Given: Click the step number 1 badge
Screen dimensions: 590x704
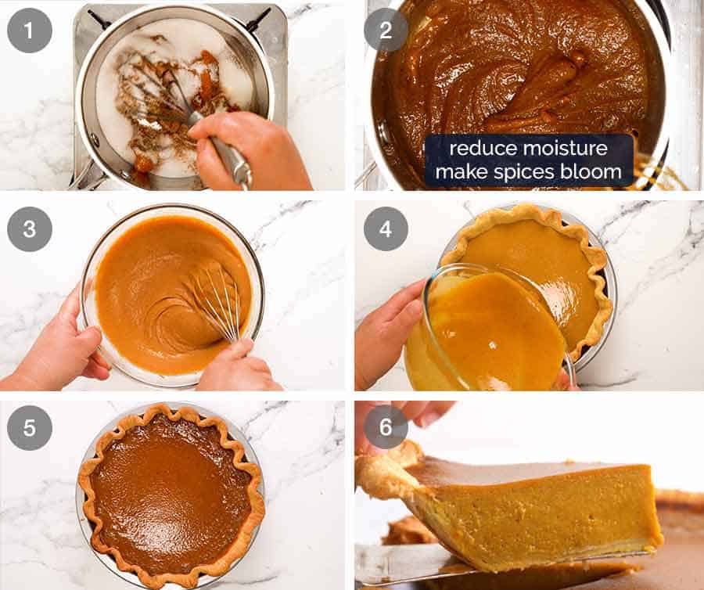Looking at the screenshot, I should pyautogui.click(x=30, y=31).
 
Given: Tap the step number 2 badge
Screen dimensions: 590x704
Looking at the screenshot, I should pyautogui.click(x=386, y=31).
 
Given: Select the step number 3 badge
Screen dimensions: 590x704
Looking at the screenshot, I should pyautogui.click(x=30, y=228).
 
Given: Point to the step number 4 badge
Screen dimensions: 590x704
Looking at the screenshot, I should pyautogui.click(x=386, y=228).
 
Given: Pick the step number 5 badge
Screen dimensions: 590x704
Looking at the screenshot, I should pyautogui.click(x=30, y=426).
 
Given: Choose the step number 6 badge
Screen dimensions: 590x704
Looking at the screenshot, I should pyautogui.click(x=386, y=426).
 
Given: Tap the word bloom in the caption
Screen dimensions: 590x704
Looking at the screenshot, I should pyautogui.click(x=592, y=171).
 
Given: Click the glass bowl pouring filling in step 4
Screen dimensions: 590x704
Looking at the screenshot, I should pyautogui.click(x=485, y=329).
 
